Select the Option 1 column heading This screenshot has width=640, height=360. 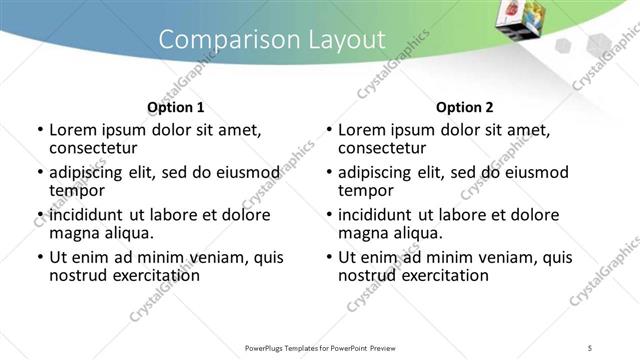point(176,107)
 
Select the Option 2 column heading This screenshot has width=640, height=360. point(465,107)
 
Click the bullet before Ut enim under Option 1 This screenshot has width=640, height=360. point(40,257)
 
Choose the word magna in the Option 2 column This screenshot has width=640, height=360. point(362,233)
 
